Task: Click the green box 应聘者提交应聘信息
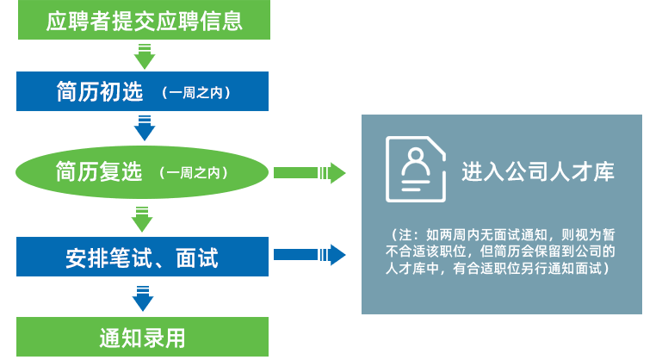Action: pos(143,21)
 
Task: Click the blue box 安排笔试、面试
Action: pos(143,257)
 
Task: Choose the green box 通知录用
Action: pos(143,337)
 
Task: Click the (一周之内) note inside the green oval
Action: pos(193,173)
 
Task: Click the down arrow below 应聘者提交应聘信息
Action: pos(145,56)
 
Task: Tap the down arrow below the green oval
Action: pos(145,217)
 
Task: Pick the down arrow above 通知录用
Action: pos(145,297)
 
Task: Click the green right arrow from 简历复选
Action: pos(309,173)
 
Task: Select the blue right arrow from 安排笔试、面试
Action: pos(309,255)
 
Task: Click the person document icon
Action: pos(415,169)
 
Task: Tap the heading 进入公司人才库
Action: pos(538,171)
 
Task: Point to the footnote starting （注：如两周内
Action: pos(502,251)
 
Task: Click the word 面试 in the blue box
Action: pos(196,257)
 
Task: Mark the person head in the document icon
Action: pos(415,158)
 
